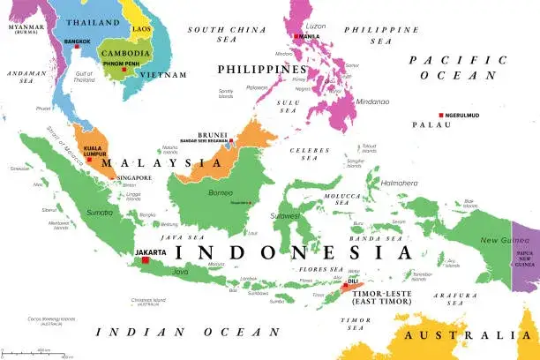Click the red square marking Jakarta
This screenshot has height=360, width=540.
[146, 259]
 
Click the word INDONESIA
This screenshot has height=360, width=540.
[281, 251]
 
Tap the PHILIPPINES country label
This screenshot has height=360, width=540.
[265, 69]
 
